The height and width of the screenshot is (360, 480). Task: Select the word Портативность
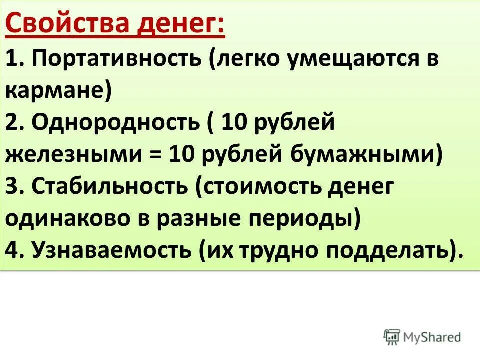(116, 59)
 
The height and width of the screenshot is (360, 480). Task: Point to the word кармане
(55, 91)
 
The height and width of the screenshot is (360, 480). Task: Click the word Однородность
(115, 122)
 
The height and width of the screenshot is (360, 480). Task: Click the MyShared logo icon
(392, 337)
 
